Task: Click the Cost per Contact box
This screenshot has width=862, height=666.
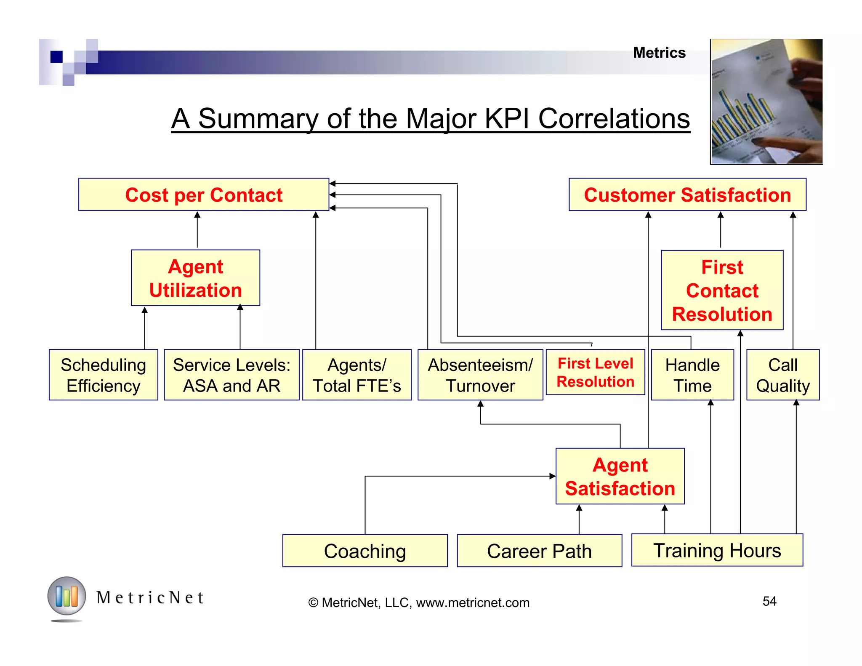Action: pos(204,195)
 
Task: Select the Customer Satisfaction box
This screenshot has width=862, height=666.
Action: pos(687,195)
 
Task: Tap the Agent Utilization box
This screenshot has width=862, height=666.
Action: pos(195,278)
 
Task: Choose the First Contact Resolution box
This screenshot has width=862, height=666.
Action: pos(722,290)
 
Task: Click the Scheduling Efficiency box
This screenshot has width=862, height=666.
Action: pos(103,375)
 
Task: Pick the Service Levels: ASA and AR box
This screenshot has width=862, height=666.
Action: pos(231,375)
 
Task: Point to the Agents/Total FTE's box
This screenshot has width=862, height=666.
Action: pos(357,375)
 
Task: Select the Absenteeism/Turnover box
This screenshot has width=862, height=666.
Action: pos(480,375)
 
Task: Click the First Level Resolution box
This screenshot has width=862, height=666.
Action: pos(595,373)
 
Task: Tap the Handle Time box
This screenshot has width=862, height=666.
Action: pos(692,375)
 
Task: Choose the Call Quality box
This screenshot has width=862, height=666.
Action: pos(783,375)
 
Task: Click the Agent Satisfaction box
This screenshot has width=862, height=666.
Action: pos(620,477)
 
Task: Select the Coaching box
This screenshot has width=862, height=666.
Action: pos(365,551)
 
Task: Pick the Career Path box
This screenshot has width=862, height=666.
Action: pos(539,551)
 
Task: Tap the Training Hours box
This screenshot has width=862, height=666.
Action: pos(717,551)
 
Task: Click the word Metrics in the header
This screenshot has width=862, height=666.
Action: pos(659,53)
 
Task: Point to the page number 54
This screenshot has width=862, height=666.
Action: pos(769,601)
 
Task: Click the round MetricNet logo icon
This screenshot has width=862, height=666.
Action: pos(67,596)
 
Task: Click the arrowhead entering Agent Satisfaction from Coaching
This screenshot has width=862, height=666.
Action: pos(553,476)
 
